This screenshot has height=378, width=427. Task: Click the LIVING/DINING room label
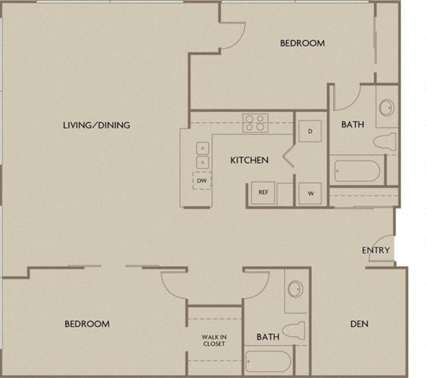point(97,125)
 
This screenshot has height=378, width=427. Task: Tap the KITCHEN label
point(249,160)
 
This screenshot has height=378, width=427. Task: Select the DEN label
point(358,324)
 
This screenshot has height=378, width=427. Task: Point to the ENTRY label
point(376,250)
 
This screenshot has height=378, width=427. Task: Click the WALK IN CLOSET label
point(213,340)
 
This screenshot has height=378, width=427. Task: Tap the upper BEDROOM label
point(303,43)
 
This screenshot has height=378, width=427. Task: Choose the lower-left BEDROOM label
point(87,324)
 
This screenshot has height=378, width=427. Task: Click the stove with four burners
point(254,123)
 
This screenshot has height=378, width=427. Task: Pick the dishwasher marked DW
point(202,181)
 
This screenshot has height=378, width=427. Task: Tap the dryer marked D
point(310,131)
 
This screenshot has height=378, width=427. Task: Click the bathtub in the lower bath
point(268,362)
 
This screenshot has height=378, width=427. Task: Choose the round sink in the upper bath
point(387,109)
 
